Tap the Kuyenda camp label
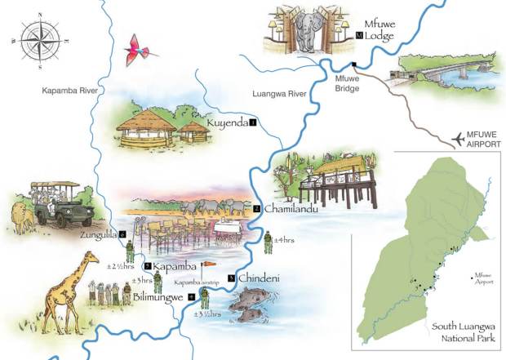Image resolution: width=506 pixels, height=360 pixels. tap(228, 122)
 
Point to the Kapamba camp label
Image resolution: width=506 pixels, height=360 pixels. tap(175, 266)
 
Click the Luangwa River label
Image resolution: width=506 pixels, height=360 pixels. tap(278, 94)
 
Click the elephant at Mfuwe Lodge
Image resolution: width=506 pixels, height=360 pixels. tap(312, 33)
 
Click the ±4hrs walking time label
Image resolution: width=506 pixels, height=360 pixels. tap(283, 239)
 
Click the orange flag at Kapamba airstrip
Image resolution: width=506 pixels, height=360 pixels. tap(209, 264)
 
